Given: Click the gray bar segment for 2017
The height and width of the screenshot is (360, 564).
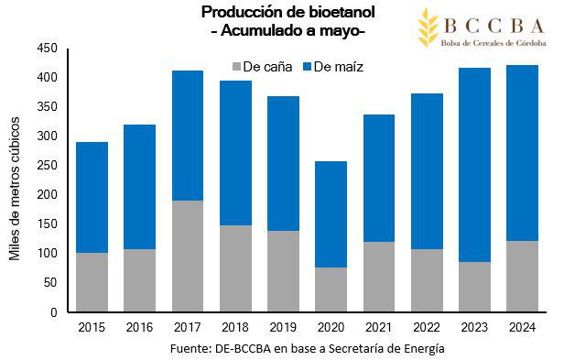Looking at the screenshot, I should (187, 256).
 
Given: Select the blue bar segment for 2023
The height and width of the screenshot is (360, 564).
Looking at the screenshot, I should (473, 165).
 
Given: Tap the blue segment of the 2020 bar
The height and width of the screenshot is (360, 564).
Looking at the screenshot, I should (330, 214).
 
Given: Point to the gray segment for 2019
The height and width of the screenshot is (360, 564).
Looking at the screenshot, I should (282, 271).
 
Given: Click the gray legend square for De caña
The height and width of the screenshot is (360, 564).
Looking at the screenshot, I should (237, 66).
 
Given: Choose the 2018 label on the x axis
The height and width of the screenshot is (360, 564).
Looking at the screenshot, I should (234, 326).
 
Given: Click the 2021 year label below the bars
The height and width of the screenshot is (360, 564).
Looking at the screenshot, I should (377, 326).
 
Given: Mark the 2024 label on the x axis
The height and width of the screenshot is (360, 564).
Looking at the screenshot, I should (521, 326).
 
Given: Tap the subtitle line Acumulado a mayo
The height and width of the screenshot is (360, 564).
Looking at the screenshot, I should (287, 31).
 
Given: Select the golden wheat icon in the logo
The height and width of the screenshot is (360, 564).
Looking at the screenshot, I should (428, 27).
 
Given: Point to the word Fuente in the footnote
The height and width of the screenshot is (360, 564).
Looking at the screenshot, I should (190, 349).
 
